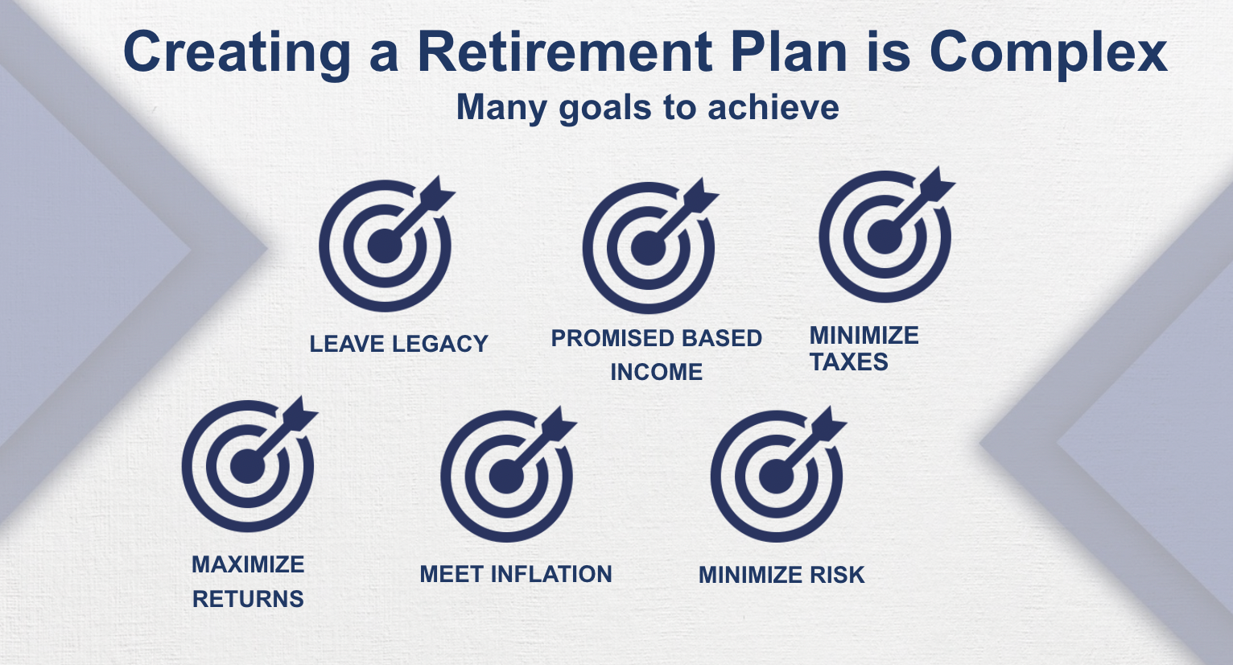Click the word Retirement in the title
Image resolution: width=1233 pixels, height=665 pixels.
click(564, 52)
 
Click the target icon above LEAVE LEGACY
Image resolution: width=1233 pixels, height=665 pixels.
click(385, 246)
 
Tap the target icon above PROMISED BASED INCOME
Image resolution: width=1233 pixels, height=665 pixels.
click(648, 247)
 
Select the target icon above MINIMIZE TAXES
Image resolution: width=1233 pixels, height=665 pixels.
click(885, 237)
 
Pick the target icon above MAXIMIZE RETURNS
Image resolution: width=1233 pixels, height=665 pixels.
click(248, 466)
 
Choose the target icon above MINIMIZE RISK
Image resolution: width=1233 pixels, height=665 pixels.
click(777, 476)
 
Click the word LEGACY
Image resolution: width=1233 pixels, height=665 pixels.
click(440, 345)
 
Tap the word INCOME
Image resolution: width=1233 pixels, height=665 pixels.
click(656, 372)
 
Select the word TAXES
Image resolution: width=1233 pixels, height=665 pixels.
click(848, 362)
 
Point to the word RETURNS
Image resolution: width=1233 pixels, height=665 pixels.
click(248, 599)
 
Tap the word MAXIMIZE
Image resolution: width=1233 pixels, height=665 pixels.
click(248, 565)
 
